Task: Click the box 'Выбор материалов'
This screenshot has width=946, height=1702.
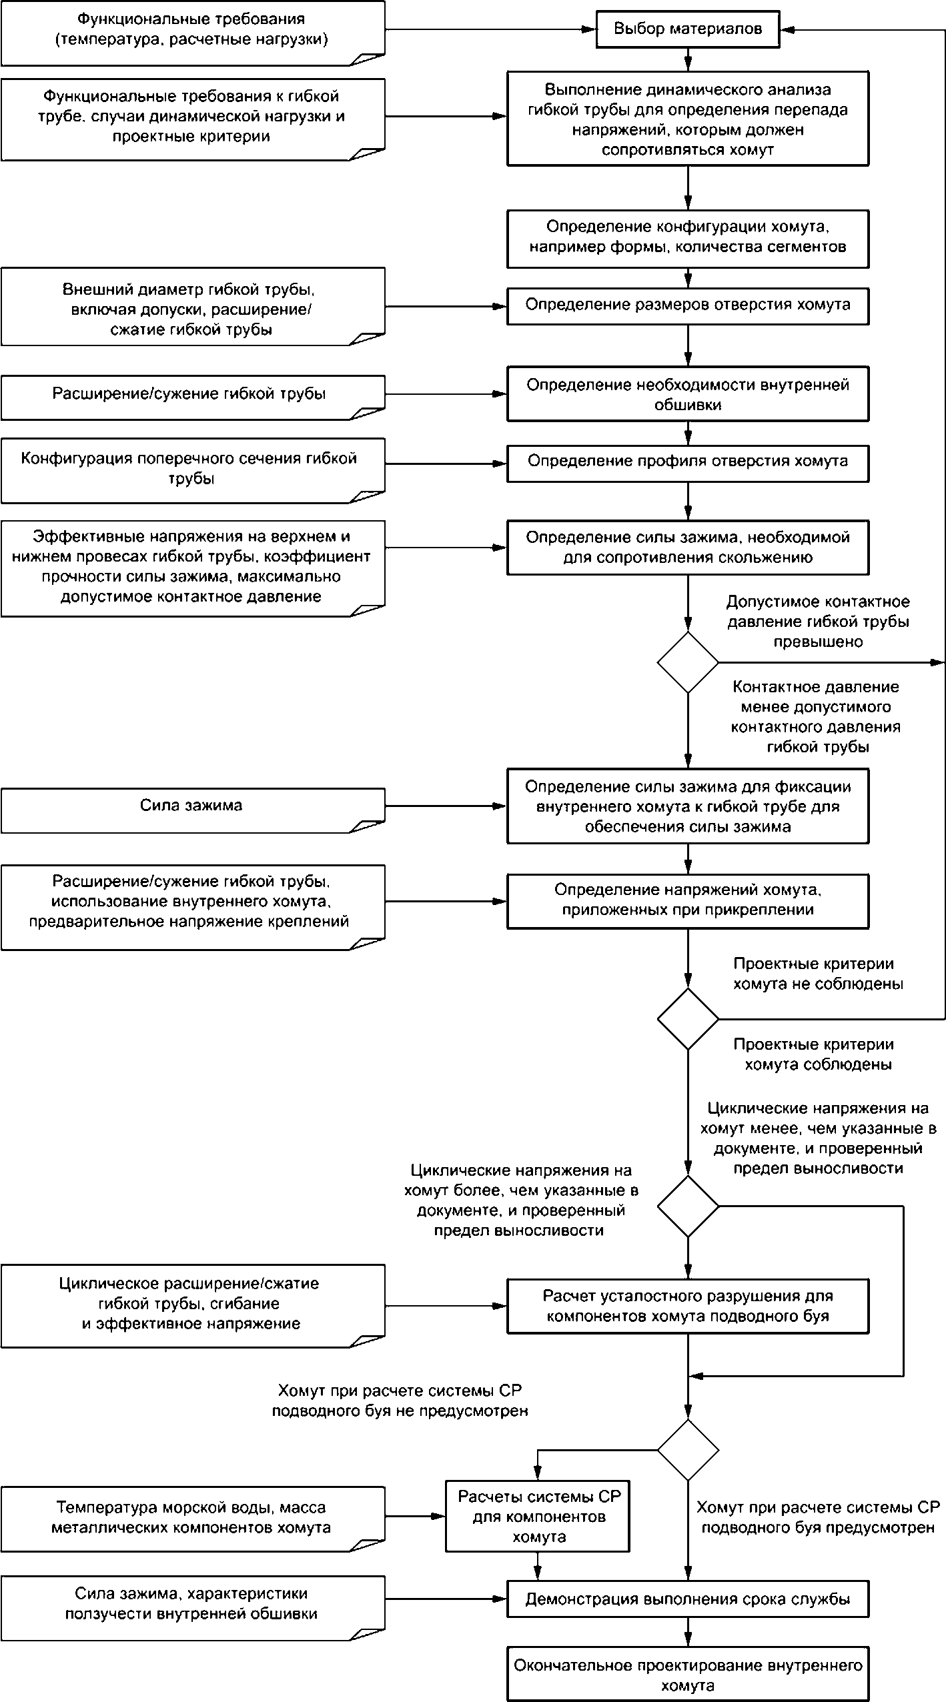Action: click(x=688, y=29)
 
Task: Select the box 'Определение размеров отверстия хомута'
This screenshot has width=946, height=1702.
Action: click(x=688, y=306)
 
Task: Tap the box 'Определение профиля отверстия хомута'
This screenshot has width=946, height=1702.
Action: click(x=688, y=463)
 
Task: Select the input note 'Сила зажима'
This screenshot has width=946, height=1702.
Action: click(x=193, y=810)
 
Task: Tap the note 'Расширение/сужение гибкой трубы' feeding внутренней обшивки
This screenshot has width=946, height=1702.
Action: click(x=193, y=397)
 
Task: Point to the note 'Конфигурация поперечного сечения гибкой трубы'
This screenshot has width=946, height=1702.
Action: click(x=193, y=470)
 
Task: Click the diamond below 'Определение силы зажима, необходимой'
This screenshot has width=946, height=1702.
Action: click(x=688, y=662)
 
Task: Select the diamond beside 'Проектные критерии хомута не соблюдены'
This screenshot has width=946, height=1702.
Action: click(x=688, y=1019)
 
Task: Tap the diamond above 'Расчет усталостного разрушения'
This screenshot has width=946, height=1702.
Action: click(x=688, y=1206)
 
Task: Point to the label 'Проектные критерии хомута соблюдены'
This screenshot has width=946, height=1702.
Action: click(x=819, y=1054)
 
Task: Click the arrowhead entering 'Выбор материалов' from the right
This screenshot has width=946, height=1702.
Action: click(x=787, y=29)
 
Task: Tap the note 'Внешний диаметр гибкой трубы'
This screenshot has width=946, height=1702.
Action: click(x=193, y=307)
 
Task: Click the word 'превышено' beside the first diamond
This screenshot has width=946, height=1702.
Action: click(x=819, y=642)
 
